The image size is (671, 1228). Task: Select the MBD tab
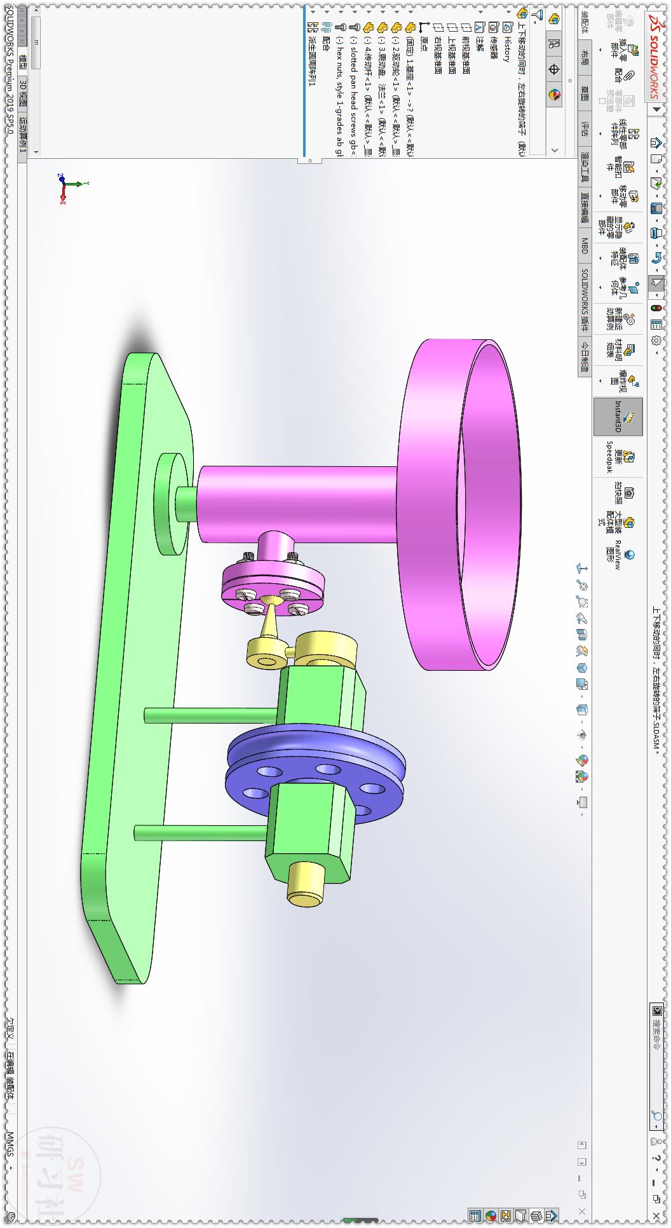585,246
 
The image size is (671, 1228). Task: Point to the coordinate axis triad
65,186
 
